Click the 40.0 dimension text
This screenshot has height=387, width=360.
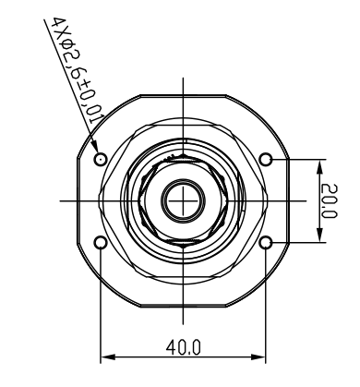[184, 347]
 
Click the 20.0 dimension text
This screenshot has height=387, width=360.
[329, 201]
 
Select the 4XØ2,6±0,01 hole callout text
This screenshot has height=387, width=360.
[78, 70]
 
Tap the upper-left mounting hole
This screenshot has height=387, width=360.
[100, 159]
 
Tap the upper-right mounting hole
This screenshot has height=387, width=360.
[266, 159]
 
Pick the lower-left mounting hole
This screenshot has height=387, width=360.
[100, 243]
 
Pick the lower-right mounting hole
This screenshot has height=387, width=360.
[266, 243]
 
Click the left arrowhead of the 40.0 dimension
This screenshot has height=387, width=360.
[108, 357]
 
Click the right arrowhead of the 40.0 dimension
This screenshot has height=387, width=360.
[258, 357]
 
